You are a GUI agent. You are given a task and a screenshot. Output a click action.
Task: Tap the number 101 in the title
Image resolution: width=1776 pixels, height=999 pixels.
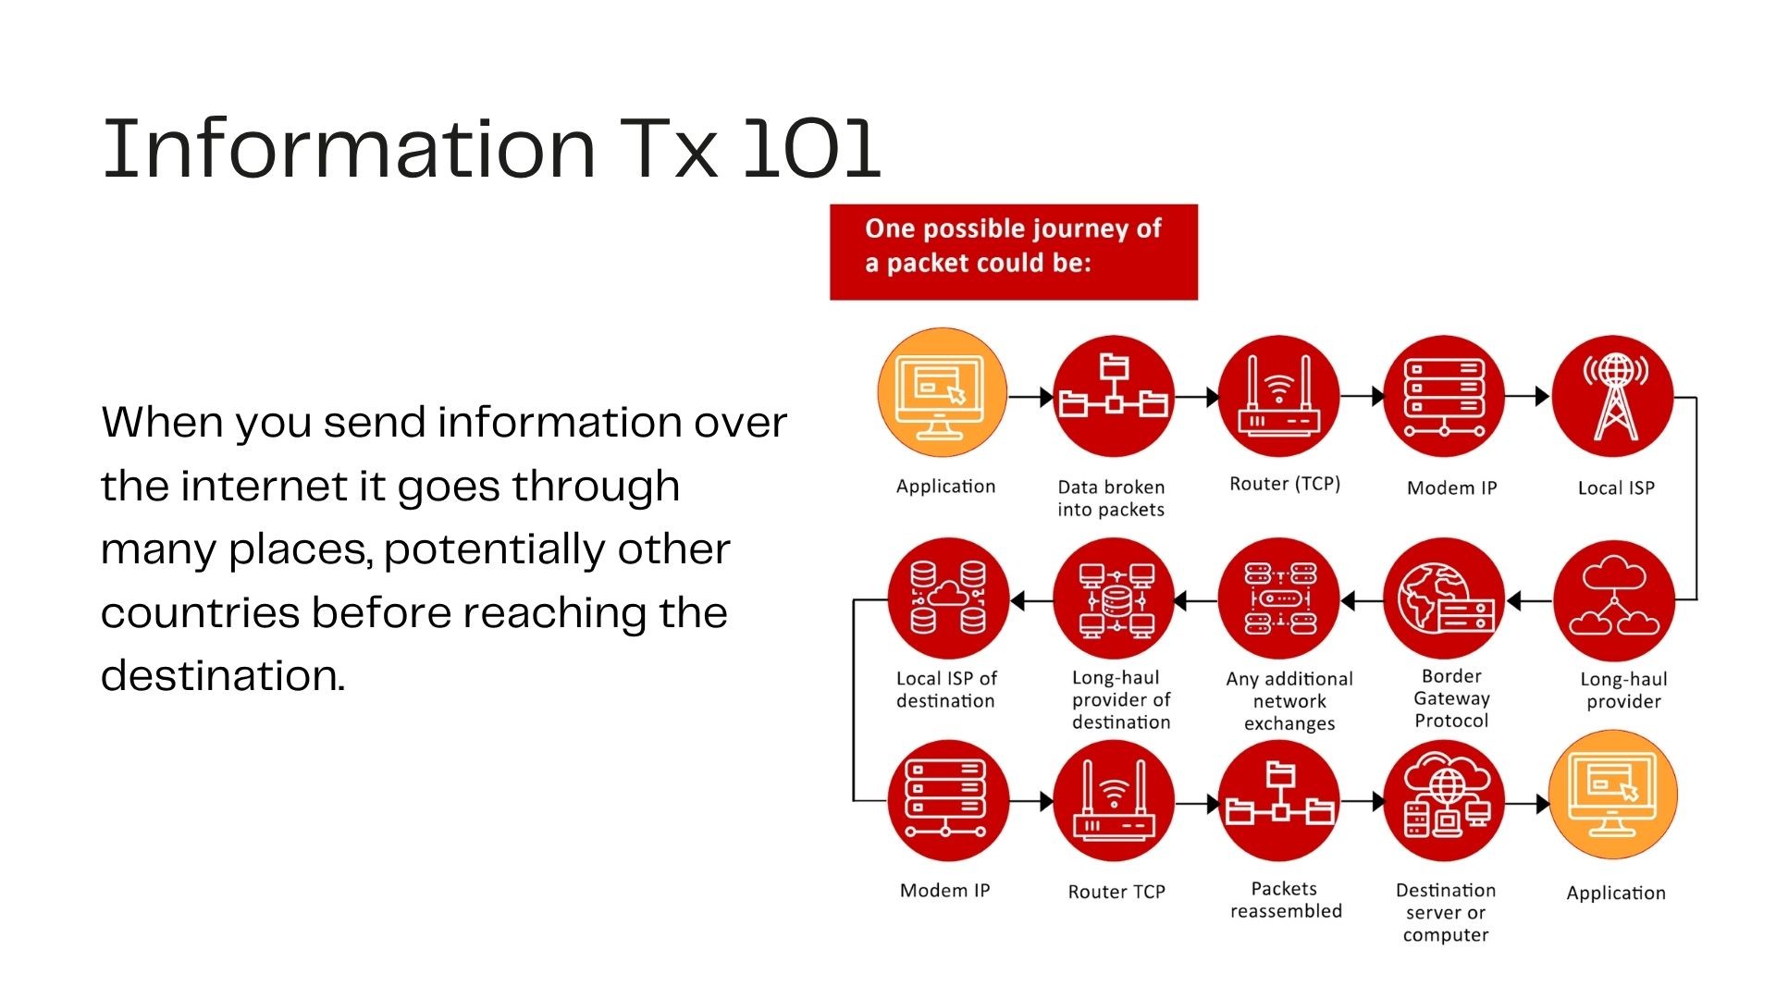click(812, 147)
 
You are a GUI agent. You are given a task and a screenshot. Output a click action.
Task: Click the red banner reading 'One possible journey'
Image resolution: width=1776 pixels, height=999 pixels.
click(1014, 252)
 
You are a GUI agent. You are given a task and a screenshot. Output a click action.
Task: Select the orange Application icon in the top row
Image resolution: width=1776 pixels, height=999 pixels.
click(942, 393)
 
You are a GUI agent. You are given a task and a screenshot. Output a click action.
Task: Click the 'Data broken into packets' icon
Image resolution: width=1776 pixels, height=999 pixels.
click(1114, 396)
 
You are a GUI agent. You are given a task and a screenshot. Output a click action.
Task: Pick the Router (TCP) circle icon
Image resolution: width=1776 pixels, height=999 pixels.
click(1279, 396)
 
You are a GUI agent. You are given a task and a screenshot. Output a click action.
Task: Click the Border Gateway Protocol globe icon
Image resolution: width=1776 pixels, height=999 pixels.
click(1444, 598)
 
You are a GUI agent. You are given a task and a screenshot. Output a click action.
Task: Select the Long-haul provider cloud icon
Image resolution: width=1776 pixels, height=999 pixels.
click(1614, 601)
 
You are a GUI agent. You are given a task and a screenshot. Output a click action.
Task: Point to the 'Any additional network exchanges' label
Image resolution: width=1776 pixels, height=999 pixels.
click(1289, 701)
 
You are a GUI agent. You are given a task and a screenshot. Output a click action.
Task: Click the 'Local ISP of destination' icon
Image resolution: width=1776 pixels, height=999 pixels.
click(948, 598)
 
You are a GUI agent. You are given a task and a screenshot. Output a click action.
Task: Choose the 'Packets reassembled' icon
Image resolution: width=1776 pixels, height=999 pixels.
click(1279, 801)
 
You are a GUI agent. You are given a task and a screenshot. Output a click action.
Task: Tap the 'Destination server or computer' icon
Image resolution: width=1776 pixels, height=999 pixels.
click(1444, 801)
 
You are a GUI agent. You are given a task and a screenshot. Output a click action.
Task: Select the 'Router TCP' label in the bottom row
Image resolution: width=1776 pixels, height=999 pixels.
click(1116, 892)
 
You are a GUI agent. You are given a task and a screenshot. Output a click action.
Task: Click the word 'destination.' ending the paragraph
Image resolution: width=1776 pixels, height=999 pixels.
click(223, 675)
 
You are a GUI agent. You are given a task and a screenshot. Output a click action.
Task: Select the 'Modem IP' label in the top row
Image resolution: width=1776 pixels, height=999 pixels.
click(1451, 487)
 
